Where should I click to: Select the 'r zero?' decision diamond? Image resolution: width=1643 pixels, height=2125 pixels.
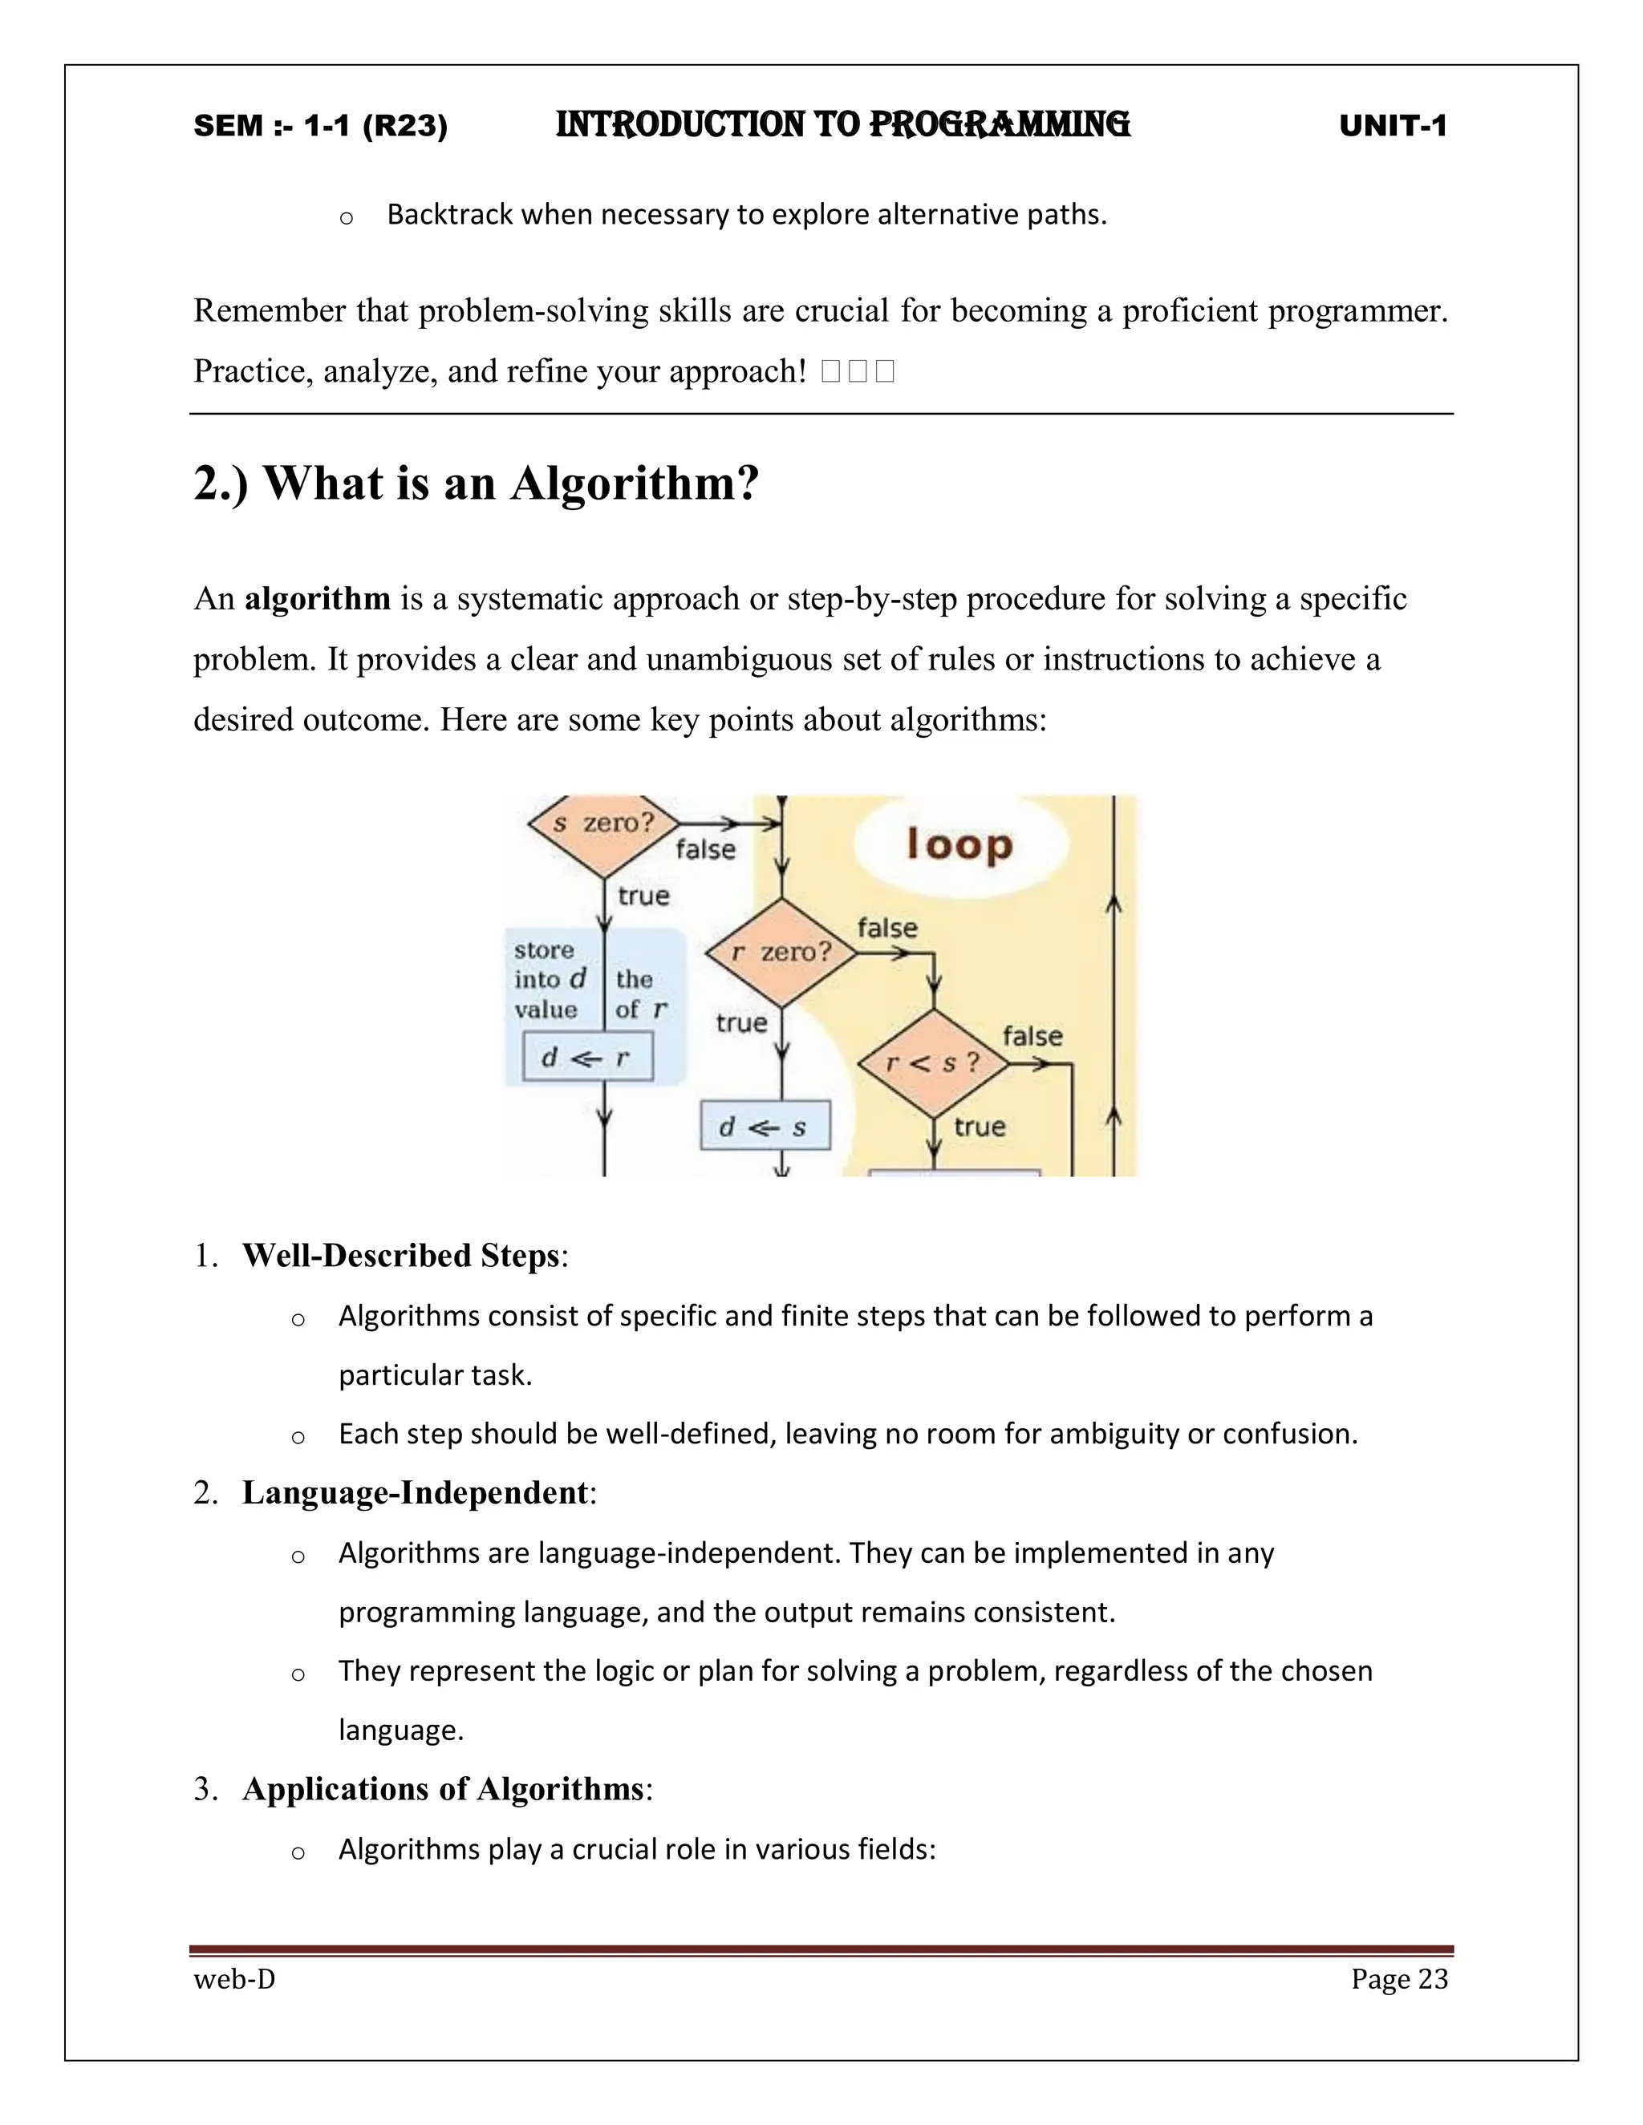tap(781, 953)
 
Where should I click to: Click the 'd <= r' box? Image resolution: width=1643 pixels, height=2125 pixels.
tap(587, 1058)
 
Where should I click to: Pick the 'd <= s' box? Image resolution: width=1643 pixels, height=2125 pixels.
tap(765, 1127)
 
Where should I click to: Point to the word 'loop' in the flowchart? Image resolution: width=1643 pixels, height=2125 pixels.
tap(959, 844)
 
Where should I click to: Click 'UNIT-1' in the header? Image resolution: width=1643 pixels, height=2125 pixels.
tap(1393, 126)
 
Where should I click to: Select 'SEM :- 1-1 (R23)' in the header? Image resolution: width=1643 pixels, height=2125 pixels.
tap(320, 126)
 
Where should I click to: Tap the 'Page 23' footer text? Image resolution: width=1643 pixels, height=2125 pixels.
tap(1398, 1979)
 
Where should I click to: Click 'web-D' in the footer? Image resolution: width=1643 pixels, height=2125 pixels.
tap(234, 1979)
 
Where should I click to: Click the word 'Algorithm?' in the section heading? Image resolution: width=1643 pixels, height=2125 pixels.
tap(635, 484)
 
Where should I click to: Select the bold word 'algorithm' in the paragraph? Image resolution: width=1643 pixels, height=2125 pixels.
tap(318, 598)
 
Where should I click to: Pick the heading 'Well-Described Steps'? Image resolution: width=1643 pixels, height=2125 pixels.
tap(401, 1255)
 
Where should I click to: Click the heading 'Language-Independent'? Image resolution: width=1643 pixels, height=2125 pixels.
tap(416, 1492)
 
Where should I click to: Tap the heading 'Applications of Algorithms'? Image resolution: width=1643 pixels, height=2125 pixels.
tap(443, 1788)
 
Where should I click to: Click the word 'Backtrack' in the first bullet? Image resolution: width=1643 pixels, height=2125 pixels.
tap(450, 214)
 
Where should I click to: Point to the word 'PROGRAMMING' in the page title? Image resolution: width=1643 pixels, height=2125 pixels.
tap(999, 124)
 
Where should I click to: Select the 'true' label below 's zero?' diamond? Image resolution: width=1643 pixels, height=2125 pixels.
tap(643, 895)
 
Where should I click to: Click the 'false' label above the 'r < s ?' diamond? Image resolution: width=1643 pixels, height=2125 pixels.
tap(1032, 1036)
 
